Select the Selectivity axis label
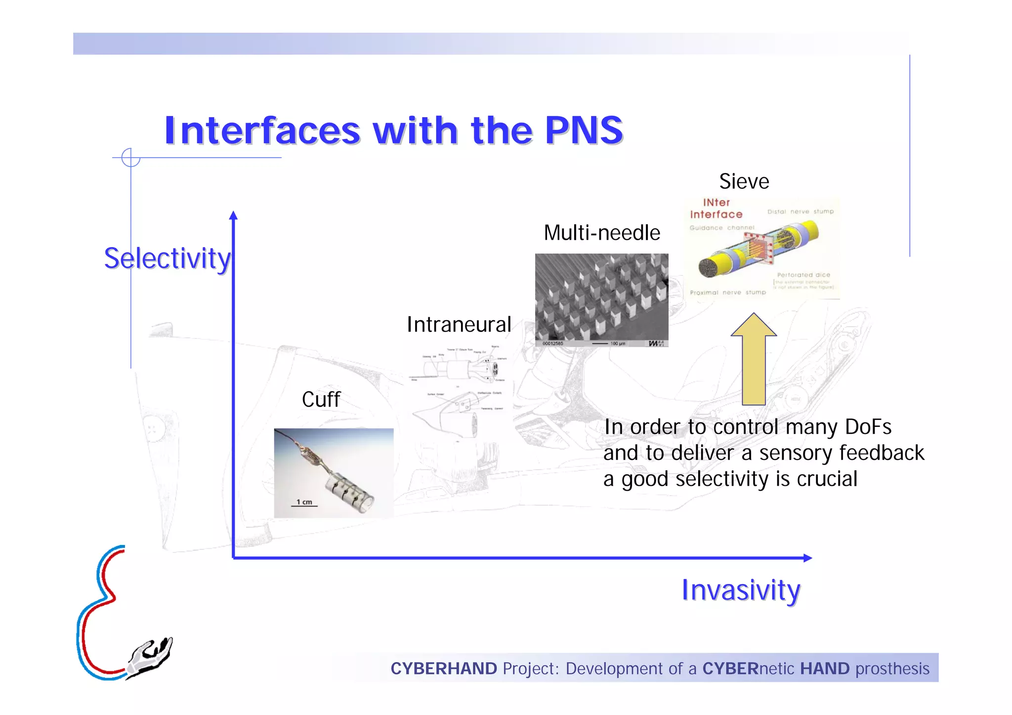coord(167,258)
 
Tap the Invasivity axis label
coord(740,590)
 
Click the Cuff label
coord(321,399)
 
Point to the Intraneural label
coord(459,325)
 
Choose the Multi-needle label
coord(601,233)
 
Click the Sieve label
coord(744,181)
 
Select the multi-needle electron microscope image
coord(601,299)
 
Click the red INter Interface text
coord(716,209)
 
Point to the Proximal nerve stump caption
coord(727,293)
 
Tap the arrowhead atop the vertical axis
coord(233,215)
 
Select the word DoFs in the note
coord(868,427)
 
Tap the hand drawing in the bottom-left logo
coord(150,658)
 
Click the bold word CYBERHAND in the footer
coord(443,669)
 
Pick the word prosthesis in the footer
coord(892,669)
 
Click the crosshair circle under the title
coord(130,158)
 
